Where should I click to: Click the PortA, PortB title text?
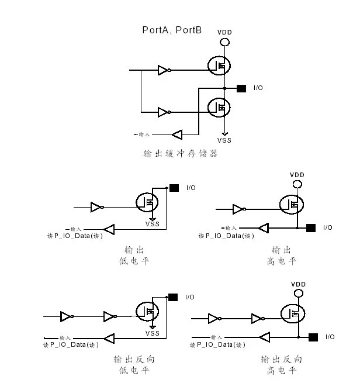click(x=172, y=29)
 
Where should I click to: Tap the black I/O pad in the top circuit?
click(x=241, y=88)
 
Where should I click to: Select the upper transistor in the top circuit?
click(x=219, y=65)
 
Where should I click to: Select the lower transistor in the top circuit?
click(x=219, y=107)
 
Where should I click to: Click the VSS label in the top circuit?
click(x=224, y=140)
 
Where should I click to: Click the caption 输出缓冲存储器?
click(x=181, y=154)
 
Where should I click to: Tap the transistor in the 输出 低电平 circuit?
click(x=147, y=202)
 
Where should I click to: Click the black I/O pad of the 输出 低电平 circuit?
click(x=174, y=188)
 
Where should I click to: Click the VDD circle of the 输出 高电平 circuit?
click(x=297, y=185)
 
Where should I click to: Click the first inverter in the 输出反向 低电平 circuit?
click(x=67, y=316)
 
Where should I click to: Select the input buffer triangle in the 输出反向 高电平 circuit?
click(x=264, y=337)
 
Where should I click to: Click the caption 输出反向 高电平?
click(x=281, y=364)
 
